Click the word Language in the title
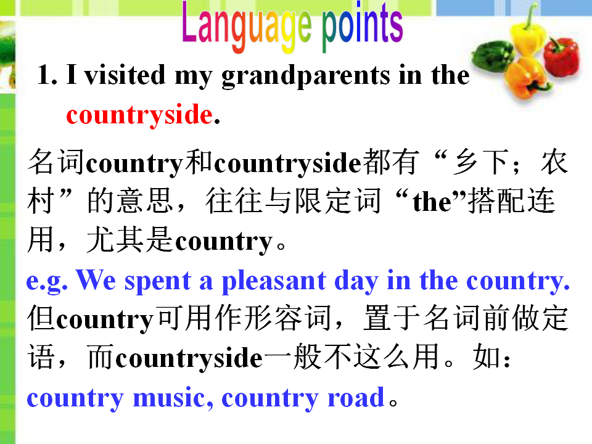(x=247, y=27)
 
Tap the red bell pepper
(x=561, y=57)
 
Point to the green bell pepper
(x=492, y=56)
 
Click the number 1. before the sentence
(x=47, y=75)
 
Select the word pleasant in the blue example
(x=274, y=281)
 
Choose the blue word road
(x=356, y=398)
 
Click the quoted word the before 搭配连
(x=432, y=202)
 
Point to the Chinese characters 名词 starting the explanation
(x=56, y=162)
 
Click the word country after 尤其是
(x=224, y=242)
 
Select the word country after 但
(x=105, y=320)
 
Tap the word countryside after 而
(x=189, y=358)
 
